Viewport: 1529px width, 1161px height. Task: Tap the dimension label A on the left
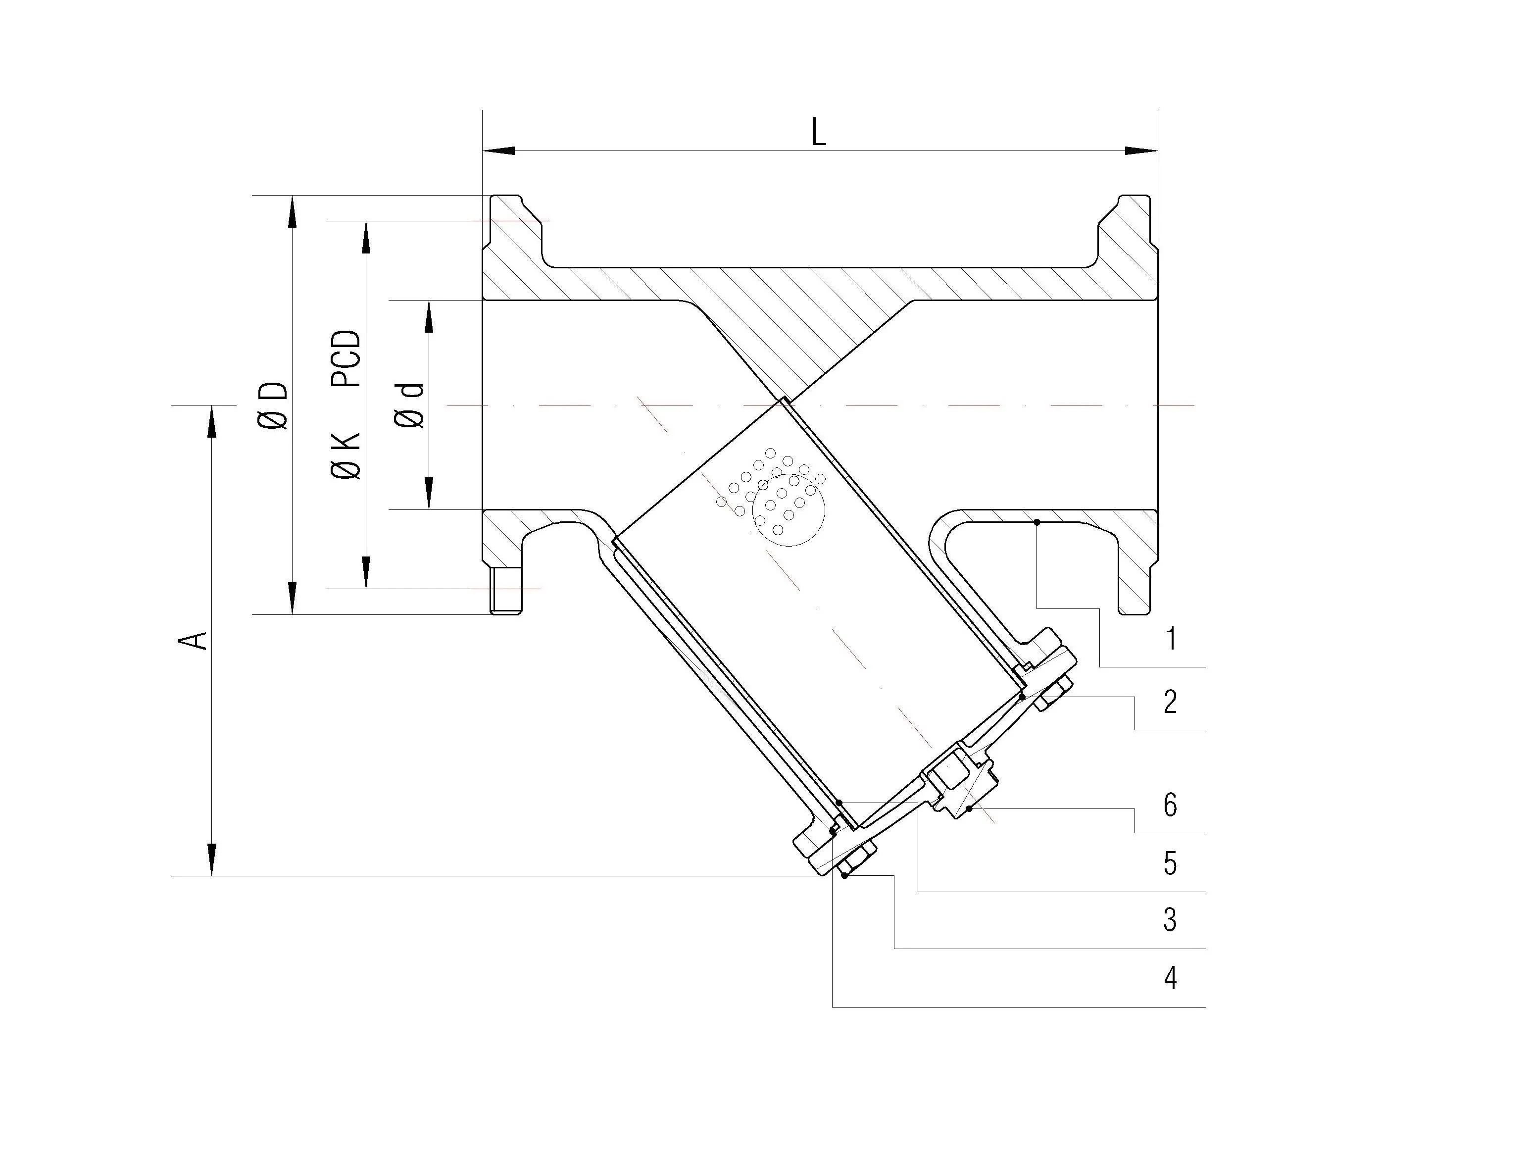pos(193,640)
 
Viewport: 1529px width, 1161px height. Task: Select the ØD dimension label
pos(273,405)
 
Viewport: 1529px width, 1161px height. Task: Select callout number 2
pos(1170,702)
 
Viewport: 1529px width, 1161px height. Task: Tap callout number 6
pos(1170,805)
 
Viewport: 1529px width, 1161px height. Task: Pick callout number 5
pos(1170,863)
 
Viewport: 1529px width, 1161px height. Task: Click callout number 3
pos(1170,920)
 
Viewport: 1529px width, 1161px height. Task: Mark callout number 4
pos(1170,978)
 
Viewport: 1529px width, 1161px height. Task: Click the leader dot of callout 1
pos(1037,522)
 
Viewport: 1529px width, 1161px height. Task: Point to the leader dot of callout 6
pos(969,808)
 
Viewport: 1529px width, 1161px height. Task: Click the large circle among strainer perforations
pos(789,510)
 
